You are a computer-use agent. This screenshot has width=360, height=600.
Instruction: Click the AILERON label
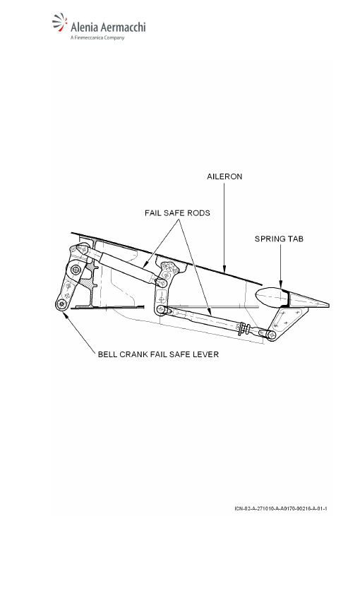224,176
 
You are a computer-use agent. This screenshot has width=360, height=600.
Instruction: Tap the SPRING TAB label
279,239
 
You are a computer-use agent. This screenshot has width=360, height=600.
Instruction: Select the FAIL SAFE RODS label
177,212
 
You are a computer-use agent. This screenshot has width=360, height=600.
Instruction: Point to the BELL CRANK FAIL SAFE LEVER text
158,354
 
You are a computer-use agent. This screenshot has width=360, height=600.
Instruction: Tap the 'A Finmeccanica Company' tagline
97,38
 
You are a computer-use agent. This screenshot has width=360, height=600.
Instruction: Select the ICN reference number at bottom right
281,508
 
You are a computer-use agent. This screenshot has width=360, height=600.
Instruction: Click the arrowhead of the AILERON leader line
224,270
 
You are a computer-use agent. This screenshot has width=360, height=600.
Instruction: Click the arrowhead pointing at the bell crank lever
65,315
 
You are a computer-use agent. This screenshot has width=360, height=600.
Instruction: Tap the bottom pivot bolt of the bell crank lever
61,304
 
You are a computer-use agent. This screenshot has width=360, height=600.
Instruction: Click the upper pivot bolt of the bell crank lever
76,270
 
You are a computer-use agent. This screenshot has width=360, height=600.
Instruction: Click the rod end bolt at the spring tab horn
272,335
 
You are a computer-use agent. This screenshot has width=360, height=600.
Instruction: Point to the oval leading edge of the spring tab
268,296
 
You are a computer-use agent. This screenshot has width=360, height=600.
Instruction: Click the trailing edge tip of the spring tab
328,306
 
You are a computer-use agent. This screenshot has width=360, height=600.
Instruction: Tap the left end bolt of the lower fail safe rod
161,308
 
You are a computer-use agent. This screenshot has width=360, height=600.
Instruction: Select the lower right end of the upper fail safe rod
161,282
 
